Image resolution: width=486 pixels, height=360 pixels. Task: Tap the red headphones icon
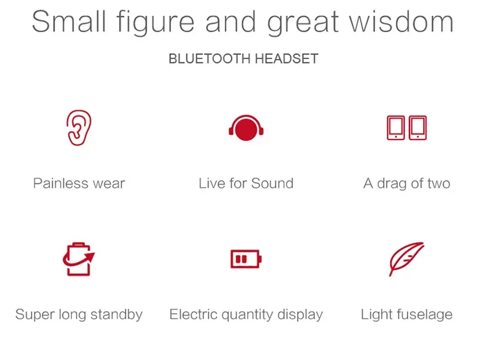(246, 128)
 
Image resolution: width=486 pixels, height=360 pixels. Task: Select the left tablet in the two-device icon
(396, 128)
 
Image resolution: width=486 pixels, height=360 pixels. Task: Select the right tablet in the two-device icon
(418, 128)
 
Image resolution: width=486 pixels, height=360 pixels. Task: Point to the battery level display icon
(246, 259)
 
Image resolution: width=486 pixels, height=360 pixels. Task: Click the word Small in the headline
(69, 21)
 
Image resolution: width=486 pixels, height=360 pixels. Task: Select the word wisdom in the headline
(401, 21)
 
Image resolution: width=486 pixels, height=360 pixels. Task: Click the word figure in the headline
(156, 23)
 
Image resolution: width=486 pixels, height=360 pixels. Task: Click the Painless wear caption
(79, 183)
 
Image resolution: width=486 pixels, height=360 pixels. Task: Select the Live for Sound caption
(246, 183)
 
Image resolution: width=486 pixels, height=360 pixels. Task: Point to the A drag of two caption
(407, 184)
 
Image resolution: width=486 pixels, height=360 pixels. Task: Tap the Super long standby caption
(79, 315)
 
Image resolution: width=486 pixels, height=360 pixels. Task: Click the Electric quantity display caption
(246, 315)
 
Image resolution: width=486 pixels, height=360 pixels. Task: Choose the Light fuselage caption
(407, 315)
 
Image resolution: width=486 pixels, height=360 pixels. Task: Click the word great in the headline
(303, 23)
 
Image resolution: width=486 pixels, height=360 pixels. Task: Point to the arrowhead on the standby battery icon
(90, 258)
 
